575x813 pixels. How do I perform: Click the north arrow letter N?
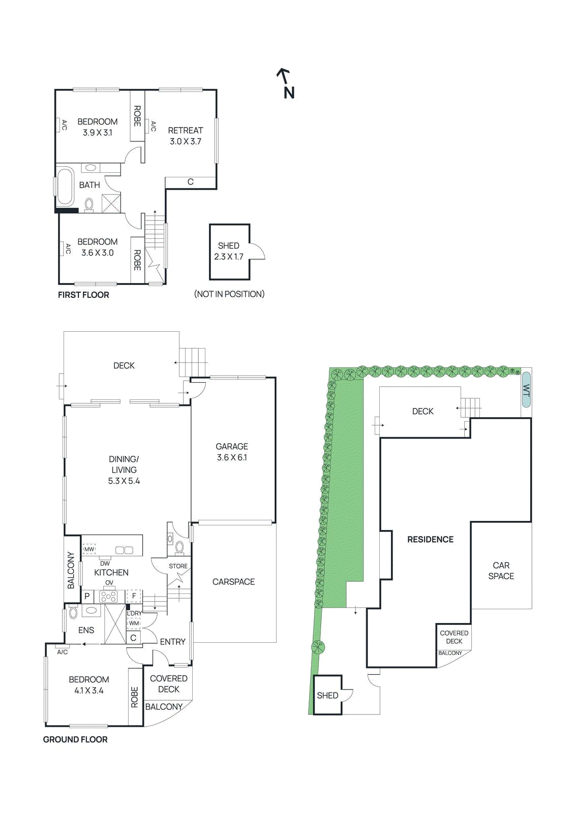[x=289, y=92]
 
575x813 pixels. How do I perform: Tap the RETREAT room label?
[x=185, y=131]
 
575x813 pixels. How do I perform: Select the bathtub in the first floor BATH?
[x=65, y=186]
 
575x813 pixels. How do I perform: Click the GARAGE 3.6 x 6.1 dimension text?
[x=232, y=457]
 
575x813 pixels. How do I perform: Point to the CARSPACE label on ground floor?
[x=233, y=582]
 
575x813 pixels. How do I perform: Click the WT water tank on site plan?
[x=526, y=390]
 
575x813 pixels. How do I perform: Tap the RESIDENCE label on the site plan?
[x=430, y=540]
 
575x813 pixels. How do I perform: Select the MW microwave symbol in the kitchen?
[x=89, y=549]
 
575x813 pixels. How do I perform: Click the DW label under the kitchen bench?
[x=105, y=564]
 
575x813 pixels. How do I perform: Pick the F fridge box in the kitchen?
[x=134, y=596]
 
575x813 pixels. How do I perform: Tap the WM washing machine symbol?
[x=134, y=623]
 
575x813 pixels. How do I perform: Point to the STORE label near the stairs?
[x=178, y=566]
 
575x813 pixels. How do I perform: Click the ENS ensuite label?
[x=86, y=630]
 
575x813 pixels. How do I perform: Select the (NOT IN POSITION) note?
[x=229, y=294]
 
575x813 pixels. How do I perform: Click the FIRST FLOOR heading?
[x=83, y=295]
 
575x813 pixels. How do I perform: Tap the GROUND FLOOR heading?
[x=75, y=739]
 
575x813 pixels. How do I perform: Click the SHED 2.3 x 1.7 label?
[x=229, y=251]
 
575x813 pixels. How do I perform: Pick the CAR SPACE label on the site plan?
[x=501, y=571]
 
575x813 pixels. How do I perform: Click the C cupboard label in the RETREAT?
[x=191, y=182]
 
